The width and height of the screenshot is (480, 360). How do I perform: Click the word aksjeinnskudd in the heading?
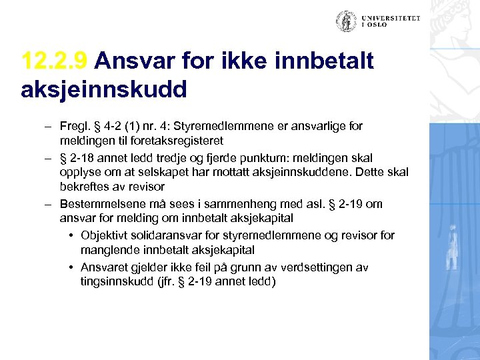[x=103, y=89]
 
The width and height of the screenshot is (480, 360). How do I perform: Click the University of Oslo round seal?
[x=347, y=21]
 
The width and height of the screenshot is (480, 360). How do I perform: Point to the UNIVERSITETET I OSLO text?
[x=391, y=22]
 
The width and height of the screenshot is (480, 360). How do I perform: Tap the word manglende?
[x=107, y=250]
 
